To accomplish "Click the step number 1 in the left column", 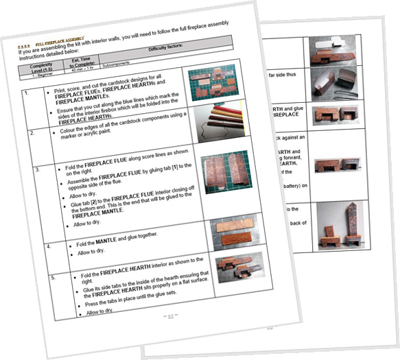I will (x=25, y=93).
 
